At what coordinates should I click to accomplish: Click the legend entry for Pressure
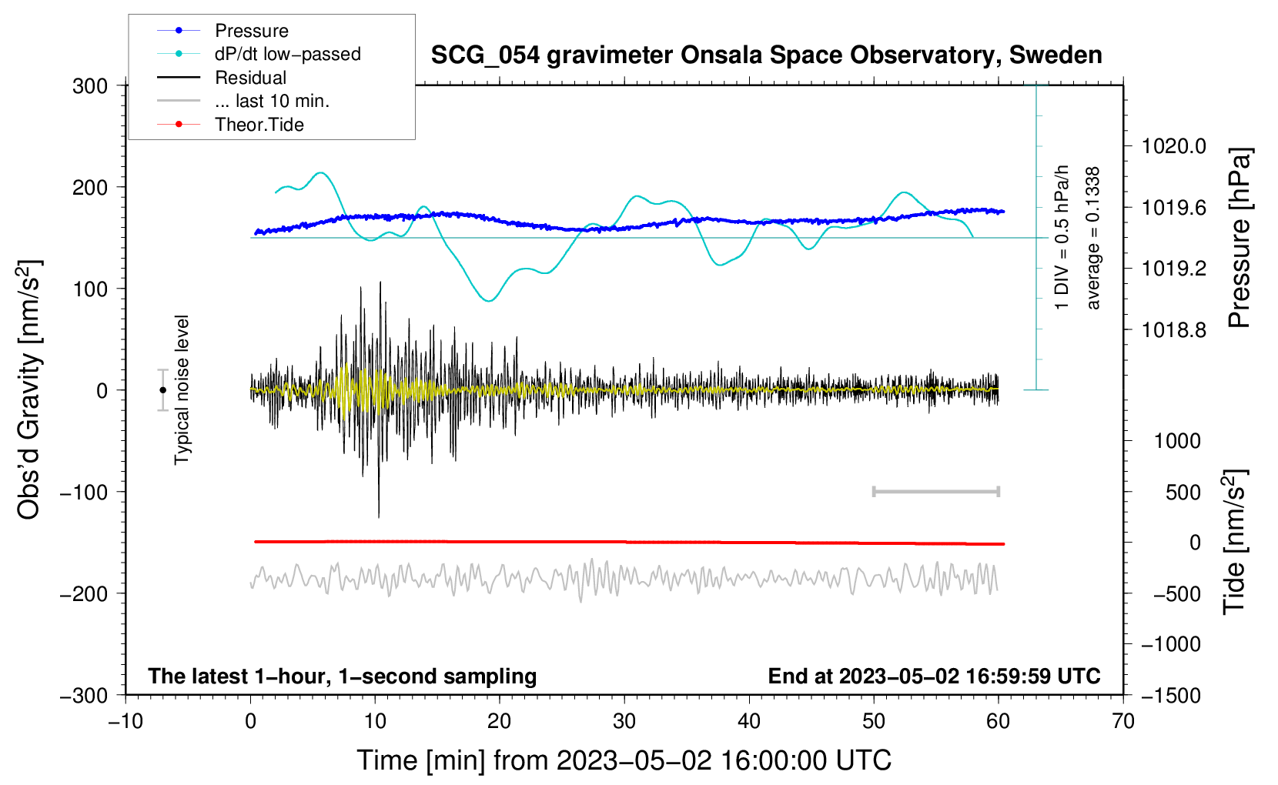pyautogui.click(x=223, y=30)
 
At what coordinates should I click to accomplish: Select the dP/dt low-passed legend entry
pyautogui.click(x=259, y=54)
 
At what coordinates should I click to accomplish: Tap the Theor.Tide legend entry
pyautogui.click(x=230, y=125)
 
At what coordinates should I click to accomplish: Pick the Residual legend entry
pyautogui.click(x=222, y=78)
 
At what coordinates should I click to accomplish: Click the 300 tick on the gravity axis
pyautogui.click(x=90, y=86)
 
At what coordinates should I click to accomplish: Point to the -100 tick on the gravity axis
pyautogui.click(x=84, y=492)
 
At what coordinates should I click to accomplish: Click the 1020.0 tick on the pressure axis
pyautogui.click(x=1174, y=147)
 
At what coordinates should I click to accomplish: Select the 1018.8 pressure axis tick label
pyautogui.click(x=1174, y=329)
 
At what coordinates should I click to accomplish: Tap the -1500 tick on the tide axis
pyautogui.click(x=1171, y=696)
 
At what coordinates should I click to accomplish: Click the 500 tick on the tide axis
pyautogui.click(x=1183, y=492)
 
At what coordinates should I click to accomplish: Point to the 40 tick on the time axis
pyautogui.click(x=749, y=721)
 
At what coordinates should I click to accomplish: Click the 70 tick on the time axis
pyautogui.click(x=1123, y=721)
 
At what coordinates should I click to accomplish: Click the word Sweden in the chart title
pyautogui.click(x=1056, y=55)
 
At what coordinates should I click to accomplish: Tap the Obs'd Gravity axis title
pyautogui.click(x=28, y=389)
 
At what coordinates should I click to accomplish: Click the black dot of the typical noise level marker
pyautogui.click(x=162, y=390)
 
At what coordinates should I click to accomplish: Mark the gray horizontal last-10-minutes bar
pyautogui.click(x=936, y=492)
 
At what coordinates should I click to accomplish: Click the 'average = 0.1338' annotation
pyautogui.click(x=1092, y=239)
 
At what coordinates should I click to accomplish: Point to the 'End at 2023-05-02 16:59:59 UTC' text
pyautogui.click(x=934, y=676)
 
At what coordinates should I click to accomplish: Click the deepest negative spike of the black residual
pyautogui.click(x=379, y=517)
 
